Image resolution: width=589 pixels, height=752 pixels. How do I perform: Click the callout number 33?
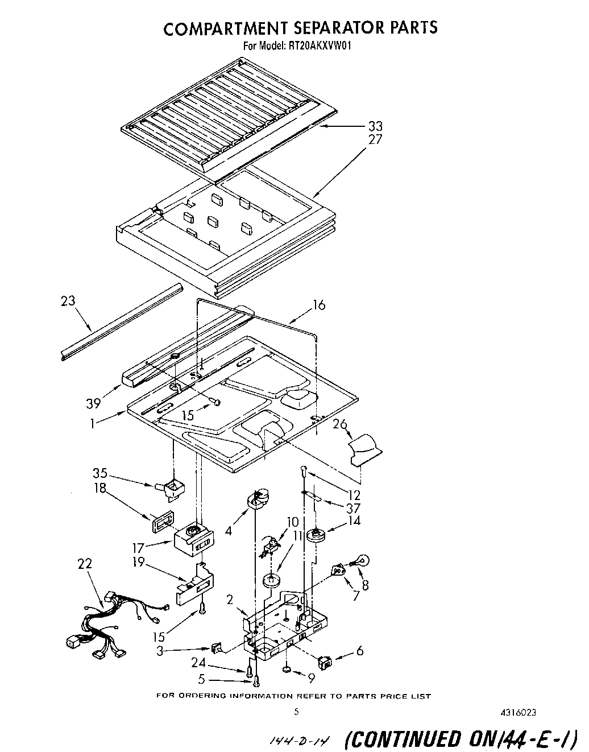coord(375,126)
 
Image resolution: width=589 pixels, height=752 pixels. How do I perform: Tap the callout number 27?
coord(375,139)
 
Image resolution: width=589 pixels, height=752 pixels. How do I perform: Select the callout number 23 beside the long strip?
coord(68,302)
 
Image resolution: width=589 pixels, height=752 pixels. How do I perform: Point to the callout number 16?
coord(319,305)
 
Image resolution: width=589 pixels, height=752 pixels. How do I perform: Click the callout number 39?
coord(93,403)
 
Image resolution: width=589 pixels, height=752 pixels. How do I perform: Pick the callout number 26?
coord(339,424)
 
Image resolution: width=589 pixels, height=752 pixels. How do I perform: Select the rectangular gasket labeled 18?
coord(160,521)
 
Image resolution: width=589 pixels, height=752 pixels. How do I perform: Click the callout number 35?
coord(100,473)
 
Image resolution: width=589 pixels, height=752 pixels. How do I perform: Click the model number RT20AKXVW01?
coord(318,47)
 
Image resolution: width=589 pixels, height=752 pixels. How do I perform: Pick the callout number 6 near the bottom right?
coord(359,651)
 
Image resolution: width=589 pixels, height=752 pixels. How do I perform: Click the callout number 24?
coord(213,663)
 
